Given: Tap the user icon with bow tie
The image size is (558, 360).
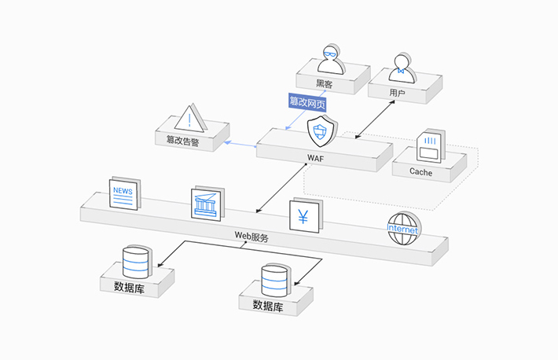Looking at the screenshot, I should (x=402, y=66).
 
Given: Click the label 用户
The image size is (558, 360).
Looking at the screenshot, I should (x=397, y=93).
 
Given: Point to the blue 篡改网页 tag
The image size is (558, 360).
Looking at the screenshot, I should (x=307, y=101).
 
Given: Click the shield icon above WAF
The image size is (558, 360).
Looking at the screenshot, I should (x=321, y=131).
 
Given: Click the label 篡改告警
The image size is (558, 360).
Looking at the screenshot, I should (x=182, y=141).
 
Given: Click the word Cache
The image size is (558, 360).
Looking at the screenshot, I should (x=420, y=171).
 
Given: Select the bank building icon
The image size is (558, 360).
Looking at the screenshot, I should (x=207, y=204).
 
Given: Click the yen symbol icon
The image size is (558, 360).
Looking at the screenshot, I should (x=303, y=215).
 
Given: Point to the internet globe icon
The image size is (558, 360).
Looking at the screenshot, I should (x=403, y=228).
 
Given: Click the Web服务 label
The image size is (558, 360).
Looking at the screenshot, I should (x=251, y=237).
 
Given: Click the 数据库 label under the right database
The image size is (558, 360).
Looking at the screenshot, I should (x=267, y=305).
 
